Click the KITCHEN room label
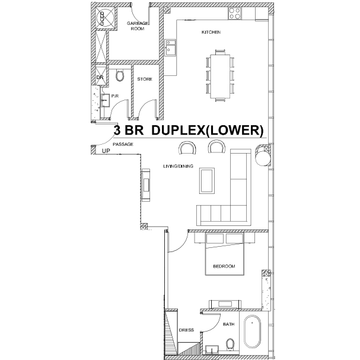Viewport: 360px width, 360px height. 211,32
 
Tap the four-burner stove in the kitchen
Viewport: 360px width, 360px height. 235,13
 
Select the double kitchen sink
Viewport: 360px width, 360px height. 170,47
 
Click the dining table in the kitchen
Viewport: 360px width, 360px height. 221,77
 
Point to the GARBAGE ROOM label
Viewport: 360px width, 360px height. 138,26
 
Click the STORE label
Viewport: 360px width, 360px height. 145,79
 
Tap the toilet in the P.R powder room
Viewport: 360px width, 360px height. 120,75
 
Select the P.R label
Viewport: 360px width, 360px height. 115,96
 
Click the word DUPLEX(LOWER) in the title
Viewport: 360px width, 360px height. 208,130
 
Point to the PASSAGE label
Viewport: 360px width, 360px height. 123,144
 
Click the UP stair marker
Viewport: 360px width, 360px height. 106,151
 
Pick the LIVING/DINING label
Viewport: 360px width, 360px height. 178,166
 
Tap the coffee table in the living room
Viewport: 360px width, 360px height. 207,181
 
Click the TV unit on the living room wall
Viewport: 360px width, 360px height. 145,185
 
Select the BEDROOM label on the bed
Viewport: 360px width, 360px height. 224,266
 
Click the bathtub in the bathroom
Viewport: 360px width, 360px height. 252,332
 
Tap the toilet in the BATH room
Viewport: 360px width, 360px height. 230,345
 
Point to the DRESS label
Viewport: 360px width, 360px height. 186,330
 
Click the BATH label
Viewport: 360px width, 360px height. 229,324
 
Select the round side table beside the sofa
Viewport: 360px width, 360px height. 263,158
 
